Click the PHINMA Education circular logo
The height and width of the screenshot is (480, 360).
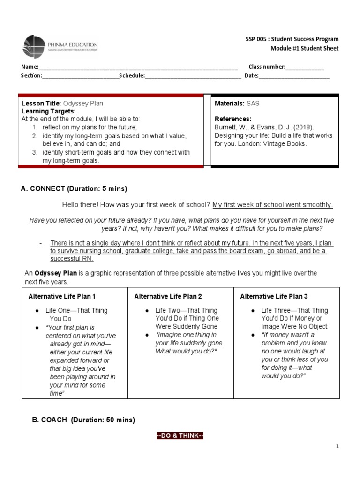(34, 46)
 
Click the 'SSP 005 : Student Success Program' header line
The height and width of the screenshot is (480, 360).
(292, 39)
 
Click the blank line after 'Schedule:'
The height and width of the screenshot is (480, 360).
(193, 76)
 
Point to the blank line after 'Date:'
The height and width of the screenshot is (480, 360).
(294, 76)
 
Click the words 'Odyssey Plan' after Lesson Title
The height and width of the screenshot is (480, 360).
(83, 103)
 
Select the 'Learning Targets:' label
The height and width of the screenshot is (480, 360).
(49, 111)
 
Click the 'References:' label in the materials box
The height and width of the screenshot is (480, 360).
(233, 119)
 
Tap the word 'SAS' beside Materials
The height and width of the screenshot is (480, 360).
(253, 103)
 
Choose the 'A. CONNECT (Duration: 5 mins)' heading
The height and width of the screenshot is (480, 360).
(74, 188)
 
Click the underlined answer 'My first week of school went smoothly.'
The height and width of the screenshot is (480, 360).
(273, 205)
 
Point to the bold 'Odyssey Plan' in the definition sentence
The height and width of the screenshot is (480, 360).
(50, 273)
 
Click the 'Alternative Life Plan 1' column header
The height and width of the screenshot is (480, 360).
(62, 296)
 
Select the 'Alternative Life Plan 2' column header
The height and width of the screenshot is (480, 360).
(168, 296)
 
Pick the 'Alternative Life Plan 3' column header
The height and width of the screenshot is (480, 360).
(274, 296)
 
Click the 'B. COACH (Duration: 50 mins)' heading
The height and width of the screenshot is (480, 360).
(83, 420)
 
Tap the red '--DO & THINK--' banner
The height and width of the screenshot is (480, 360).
(180, 436)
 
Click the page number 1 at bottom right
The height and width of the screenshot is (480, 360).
(337, 447)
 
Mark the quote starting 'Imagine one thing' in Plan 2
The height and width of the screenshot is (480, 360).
(186, 343)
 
